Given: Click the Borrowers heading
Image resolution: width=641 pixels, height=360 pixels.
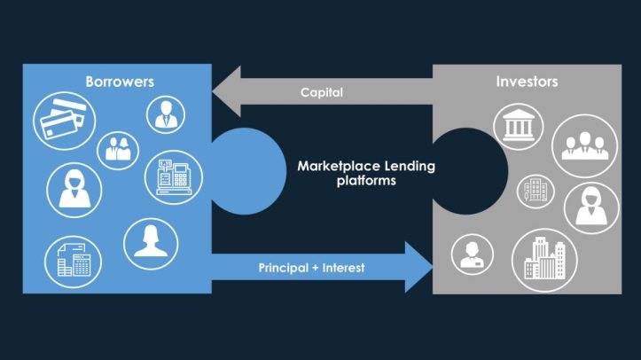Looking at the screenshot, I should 120,82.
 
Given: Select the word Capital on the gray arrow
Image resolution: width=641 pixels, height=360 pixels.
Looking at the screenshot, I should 321,92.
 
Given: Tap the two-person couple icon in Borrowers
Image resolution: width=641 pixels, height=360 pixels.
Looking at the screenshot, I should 118,147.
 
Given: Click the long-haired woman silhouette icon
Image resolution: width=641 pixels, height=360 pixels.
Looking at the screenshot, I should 150,240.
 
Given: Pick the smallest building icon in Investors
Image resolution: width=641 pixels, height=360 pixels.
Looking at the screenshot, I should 536,188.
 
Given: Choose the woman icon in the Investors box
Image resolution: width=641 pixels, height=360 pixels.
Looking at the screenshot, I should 590,207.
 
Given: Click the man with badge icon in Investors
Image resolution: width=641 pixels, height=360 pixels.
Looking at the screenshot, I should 470,254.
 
